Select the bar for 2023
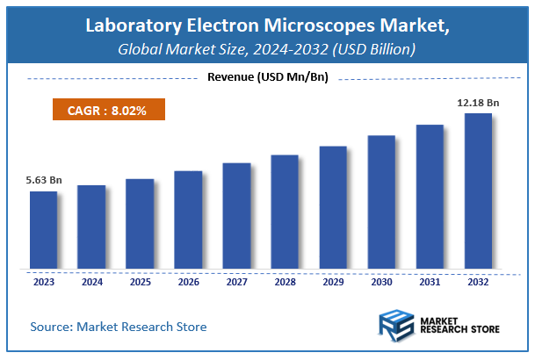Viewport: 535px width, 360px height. pos(43,230)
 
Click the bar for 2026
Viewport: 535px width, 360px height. pos(188,220)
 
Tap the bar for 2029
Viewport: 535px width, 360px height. pos(333,207)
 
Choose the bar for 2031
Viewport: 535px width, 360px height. pos(430,197)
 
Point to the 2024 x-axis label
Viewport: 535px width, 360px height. pos(91,282)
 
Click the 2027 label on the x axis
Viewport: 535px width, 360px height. pos(236,282)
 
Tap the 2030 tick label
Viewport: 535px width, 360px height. pos(381,282)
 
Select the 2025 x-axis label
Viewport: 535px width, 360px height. pos(140,282)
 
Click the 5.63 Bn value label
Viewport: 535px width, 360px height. pos(43,180)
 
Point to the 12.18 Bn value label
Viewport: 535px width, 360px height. pos(478,103)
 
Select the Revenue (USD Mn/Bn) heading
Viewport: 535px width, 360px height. pos(267,77)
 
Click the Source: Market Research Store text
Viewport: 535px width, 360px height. pos(119,327)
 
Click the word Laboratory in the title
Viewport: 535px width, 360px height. pos(127,26)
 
